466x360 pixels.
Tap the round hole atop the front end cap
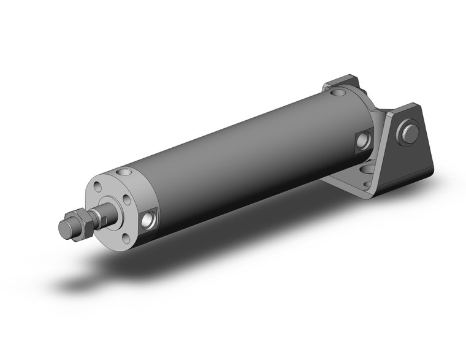[126, 172]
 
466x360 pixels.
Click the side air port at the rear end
[363, 140]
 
